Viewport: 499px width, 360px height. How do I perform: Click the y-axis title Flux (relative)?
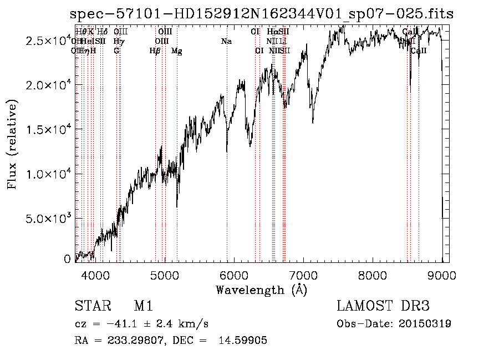point(12,144)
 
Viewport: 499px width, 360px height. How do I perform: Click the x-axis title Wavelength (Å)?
point(261,290)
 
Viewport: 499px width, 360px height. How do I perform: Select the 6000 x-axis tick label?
point(233,275)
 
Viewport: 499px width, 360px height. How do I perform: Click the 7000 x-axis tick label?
point(303,275)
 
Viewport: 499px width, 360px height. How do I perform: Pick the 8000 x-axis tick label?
point(373,275)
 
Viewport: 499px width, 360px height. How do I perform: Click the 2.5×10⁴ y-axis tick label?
point(47,41)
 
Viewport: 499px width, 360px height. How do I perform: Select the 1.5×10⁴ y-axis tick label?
point(47,129)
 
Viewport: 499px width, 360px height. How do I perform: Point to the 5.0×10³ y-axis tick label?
point(47,218)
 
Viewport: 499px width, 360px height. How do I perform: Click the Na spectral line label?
point(226,42)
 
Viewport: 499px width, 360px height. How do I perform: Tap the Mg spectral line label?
point(176,51)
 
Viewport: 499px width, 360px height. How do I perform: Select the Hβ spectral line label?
point(155,51)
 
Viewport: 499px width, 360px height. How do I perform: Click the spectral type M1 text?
point(144,307)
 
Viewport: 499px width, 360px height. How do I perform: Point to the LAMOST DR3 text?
point(383,307)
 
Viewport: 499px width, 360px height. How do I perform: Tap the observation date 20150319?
point(425,323)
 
